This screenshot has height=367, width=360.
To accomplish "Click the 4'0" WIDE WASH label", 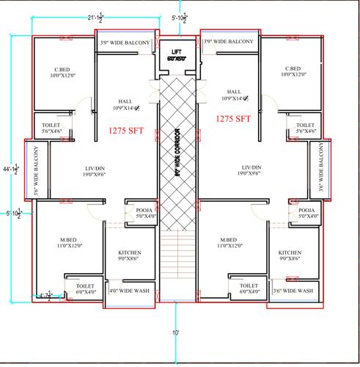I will (x=129, y=291).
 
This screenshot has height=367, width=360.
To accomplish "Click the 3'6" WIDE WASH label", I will (x=292, y=291).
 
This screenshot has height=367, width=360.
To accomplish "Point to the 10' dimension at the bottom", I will (x=177, y=333).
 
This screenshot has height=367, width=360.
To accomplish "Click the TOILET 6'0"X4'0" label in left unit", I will (x=87, y=288).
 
